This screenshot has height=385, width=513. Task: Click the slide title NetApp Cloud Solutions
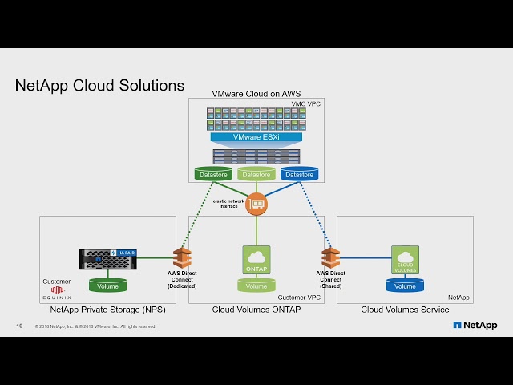tap(99, 86)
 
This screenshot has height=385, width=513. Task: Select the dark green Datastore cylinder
tap(213, 174)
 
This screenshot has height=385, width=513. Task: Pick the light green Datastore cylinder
tap(256, 174)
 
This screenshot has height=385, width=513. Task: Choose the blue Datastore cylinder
tap(299, 174)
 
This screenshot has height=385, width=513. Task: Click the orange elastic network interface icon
tap(256, 204)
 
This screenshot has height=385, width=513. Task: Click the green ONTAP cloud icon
tap(256, 260)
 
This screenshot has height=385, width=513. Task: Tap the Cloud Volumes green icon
tap(405, 260)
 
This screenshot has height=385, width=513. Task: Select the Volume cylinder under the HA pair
tap(107, 286)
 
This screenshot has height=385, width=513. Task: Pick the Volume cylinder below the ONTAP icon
tap(256, 286)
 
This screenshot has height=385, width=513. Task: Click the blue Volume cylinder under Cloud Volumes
tap(405, 286)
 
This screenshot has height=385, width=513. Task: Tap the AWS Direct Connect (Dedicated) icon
tap(183, 257)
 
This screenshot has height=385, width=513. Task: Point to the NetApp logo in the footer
tap(475, 325)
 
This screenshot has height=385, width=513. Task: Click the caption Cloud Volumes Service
tap(405, 309)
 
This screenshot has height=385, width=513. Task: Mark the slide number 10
tap(19, 326)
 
